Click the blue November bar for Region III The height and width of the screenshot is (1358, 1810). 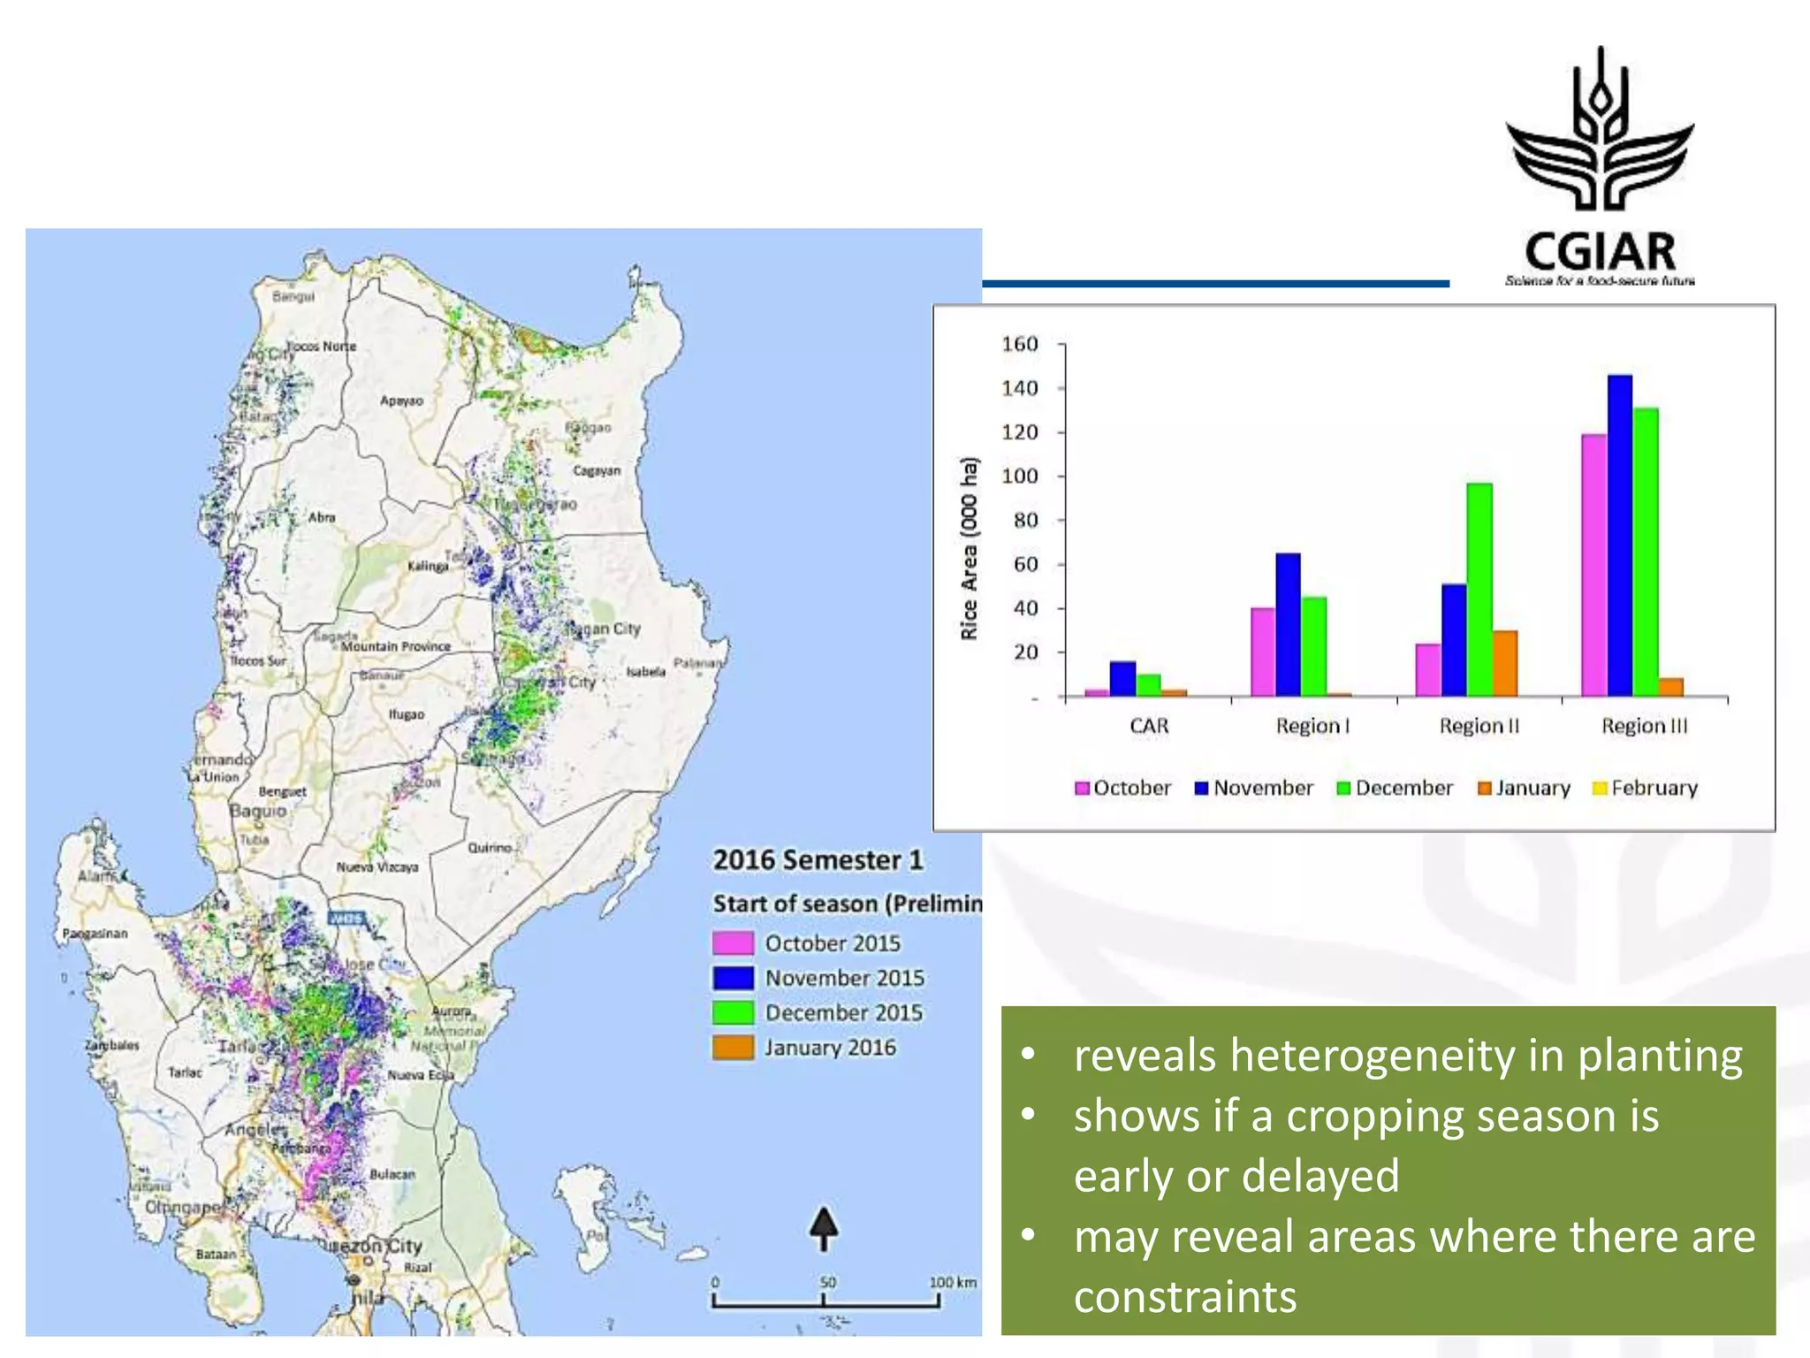coord(1619,536)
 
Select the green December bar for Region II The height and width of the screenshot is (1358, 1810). coord(1479,590)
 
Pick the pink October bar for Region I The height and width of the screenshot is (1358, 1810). coord(1263,652)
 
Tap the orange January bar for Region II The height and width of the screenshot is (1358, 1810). coord(1505,663)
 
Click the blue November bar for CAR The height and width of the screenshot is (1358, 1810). coord(1122,679)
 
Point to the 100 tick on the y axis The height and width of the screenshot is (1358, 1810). coord(1020,477)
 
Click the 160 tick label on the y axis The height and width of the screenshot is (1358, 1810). coord(1020,344)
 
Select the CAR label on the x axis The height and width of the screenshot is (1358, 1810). coord(1149,726)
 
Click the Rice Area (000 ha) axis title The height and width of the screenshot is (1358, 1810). coord(970,548)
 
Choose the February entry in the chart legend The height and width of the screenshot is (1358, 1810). coord(1645,788)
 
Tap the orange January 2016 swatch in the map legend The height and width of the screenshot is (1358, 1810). coord(733,1048)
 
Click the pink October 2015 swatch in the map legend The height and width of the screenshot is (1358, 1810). coord(733,943)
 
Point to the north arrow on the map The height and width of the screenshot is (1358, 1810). coord(824,1229)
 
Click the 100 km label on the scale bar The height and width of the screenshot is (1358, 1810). coord(953,1282)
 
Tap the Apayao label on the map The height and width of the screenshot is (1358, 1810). coord(401,401)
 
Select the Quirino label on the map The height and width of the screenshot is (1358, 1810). coord(490,847)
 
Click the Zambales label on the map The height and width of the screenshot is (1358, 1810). coord(112,1045)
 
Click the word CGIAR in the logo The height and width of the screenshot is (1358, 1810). coord(1600,252)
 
